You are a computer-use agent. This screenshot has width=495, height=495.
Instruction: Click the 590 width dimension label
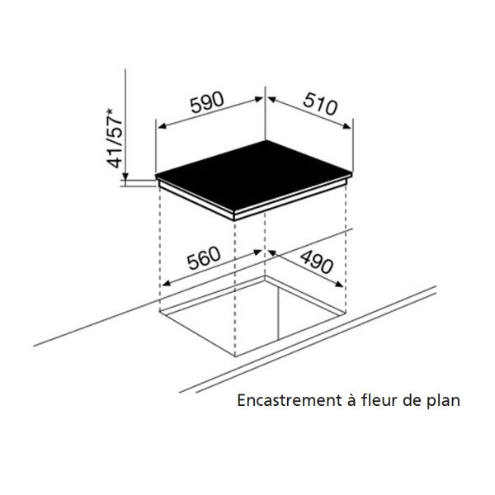207,102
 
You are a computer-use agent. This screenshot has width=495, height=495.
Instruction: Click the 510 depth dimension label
320,103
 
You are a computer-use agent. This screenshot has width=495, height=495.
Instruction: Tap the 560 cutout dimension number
204,258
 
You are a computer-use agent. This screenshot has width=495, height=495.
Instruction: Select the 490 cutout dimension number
316,262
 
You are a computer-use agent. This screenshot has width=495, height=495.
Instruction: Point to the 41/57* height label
115,138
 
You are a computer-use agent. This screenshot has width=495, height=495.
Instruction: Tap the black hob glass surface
252,176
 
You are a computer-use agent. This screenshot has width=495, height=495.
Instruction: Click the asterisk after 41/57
111,111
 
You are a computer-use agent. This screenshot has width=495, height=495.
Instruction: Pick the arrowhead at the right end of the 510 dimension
347,126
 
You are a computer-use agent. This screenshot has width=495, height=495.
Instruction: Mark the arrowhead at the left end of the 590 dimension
162,126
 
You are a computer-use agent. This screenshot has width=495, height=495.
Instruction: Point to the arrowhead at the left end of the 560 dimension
167,284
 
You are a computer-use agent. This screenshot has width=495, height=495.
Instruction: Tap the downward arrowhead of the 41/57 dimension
125,177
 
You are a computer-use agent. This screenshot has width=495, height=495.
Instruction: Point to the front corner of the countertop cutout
235,356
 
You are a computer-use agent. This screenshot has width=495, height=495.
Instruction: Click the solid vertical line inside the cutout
278,312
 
